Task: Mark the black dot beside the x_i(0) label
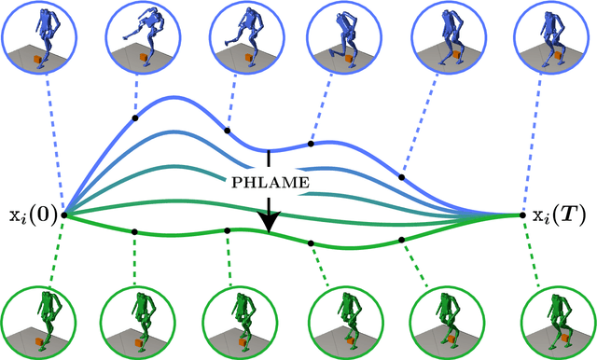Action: click(63, 215)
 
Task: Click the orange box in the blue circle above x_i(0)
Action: click(37, 62)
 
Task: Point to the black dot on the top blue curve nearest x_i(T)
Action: click(402, 175)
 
